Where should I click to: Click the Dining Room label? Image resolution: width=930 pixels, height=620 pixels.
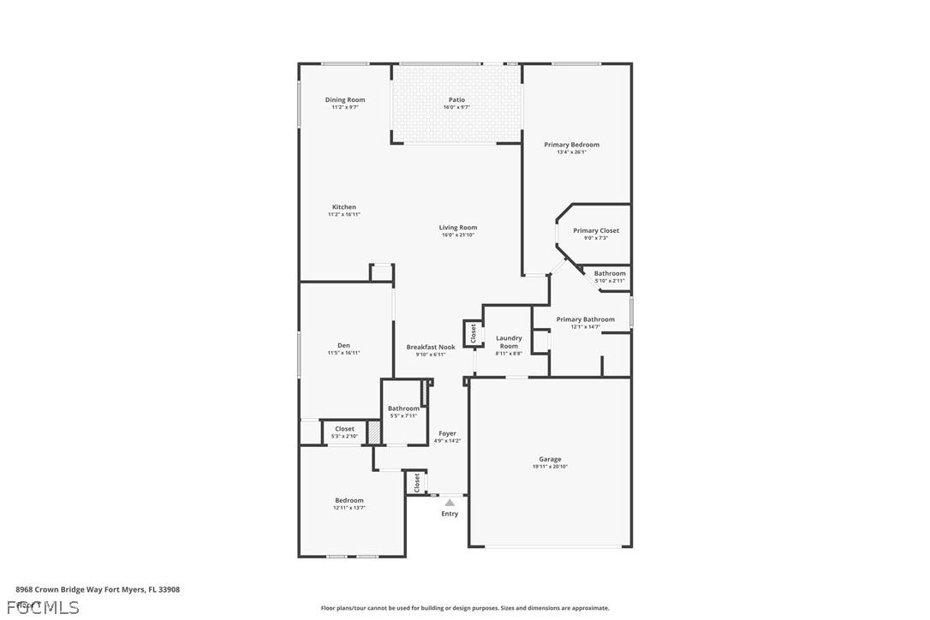pyautogui.click(x=344, y=100)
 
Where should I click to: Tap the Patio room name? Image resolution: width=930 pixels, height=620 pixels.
pyautogui.click(x=456, y=100)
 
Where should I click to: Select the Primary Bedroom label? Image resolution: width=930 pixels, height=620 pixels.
pyautogui.click(x=571, y=145)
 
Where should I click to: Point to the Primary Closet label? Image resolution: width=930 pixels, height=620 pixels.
pyautogui.click(x=596, y=230)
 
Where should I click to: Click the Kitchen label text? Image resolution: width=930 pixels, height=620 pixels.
pyautogui.click(x=343, y=207)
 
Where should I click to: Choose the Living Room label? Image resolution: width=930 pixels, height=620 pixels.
pyautogui.click(x=457, y=228)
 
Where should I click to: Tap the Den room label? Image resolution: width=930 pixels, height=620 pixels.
pyautogui.click(x=343, y=345)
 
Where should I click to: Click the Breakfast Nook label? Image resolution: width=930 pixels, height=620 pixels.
pyautogui.click(x=431, y=347)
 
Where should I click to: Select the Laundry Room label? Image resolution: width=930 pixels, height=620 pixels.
pyautogui.click(x=509, y=342)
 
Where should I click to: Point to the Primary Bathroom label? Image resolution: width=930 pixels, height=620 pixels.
pyautogui.click(x=585, y=319)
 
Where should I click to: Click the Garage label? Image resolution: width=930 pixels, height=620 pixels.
pyautogui.click(x=550, y=459)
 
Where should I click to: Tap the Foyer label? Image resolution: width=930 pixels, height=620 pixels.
pyautogui.click(x=447, y=433)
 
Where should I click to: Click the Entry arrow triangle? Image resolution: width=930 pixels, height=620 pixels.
pyautogui.click(x=450, y=503)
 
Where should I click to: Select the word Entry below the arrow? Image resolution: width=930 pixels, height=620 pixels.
pyautogui.click(x=450, y=514)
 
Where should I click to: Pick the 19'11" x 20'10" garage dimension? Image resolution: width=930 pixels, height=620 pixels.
pyautogui.click(x=550, y=467)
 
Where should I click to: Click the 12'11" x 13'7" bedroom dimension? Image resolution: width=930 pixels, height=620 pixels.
pyautogui.click(x=349, y=508)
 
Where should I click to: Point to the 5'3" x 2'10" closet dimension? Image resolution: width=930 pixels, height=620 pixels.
pyautogui.click(x=344, y=436)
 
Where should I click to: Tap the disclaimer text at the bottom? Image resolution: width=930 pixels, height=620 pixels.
pyautogui.click(x=465, y=608)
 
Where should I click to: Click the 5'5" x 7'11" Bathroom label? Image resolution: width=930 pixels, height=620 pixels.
pyautogui.click(x=403, y=408)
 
